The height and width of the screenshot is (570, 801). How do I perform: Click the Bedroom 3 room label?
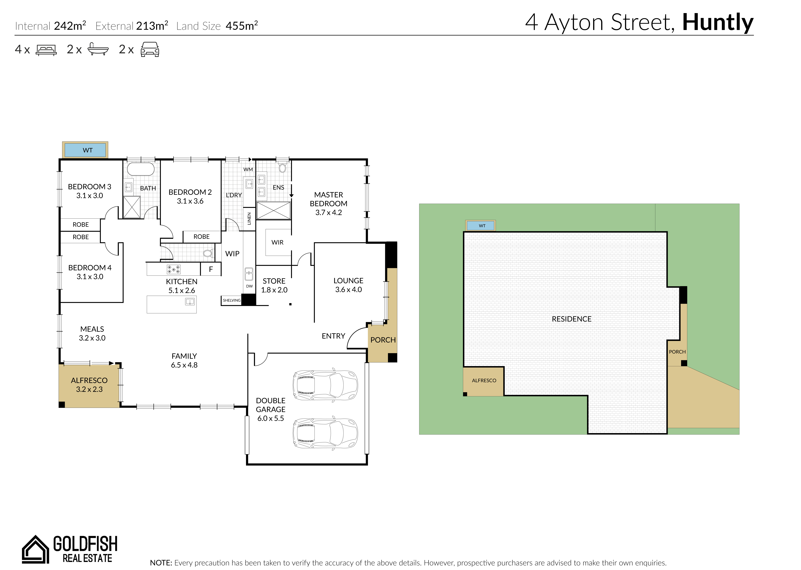[x=90, y=191]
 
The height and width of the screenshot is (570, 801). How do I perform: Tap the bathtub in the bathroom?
[x=141, y=169]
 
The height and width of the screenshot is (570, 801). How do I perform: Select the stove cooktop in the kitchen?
[x=173, y=269]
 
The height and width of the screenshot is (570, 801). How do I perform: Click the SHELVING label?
[x=231, y=301]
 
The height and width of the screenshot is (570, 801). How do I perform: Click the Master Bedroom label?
[x=328, y=204]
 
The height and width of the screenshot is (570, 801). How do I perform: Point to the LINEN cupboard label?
[x=249, y=219]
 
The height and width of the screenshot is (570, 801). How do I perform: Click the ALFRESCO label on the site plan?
[x=484, y=380]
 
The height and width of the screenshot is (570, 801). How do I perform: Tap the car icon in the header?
[x=150, y=50]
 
